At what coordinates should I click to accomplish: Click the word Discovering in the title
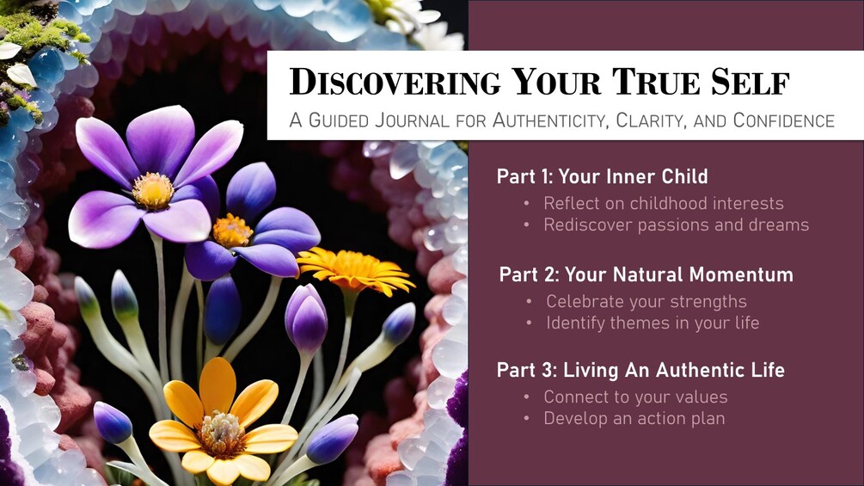click(395, 82)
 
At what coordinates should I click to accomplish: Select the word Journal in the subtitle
click(412, 120)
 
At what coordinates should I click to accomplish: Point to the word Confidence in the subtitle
click(783, 120)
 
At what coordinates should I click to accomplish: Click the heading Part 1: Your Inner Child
click(603, 176)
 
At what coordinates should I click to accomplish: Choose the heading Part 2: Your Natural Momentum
click(646, 274)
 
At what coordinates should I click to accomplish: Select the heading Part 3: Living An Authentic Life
click(640, 370)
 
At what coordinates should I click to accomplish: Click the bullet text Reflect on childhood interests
click(664, 203)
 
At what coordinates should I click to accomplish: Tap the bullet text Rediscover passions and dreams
click(676, 225)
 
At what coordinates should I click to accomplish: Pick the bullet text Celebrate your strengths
click(646, 301)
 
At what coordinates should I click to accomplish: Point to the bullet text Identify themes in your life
click(653, 323)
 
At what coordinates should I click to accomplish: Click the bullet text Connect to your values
click(635, 397)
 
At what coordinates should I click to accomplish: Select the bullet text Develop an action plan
click(634, 418)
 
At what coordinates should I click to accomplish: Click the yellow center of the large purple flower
click(153, 191)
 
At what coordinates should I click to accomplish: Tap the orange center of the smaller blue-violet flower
click(231, 231)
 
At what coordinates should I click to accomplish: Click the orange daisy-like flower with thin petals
click(353, 269)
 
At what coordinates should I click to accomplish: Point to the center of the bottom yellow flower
click(222, 434)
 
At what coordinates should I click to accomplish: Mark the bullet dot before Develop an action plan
click(527, 419)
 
